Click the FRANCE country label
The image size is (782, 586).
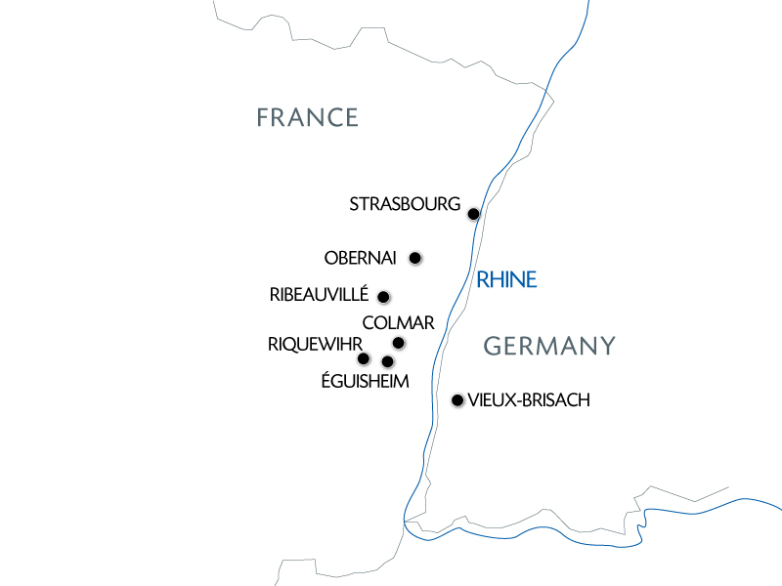pos(307,118)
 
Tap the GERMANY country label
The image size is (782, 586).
pos(550,346)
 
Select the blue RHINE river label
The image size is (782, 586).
pos(506,280)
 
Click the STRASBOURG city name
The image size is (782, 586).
pos(404,205)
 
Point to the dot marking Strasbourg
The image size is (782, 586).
pos(473,214)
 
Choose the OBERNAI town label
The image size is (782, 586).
pos(360,259)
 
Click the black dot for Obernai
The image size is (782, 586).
pos(415,258)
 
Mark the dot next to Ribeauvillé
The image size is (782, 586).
pos(383,297)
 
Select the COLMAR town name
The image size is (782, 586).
pos(398,323)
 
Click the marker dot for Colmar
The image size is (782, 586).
pos(399,343)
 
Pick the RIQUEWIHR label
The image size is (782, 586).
pos(315,344)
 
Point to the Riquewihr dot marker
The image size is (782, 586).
pos(364,358)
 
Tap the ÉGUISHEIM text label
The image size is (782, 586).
pos(365,382)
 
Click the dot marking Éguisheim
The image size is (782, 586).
pos(388,362)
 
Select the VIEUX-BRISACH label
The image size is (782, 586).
pos(529,400)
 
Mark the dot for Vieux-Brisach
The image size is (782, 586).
pos(456,399)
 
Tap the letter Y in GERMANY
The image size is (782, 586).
pos(607,346)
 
